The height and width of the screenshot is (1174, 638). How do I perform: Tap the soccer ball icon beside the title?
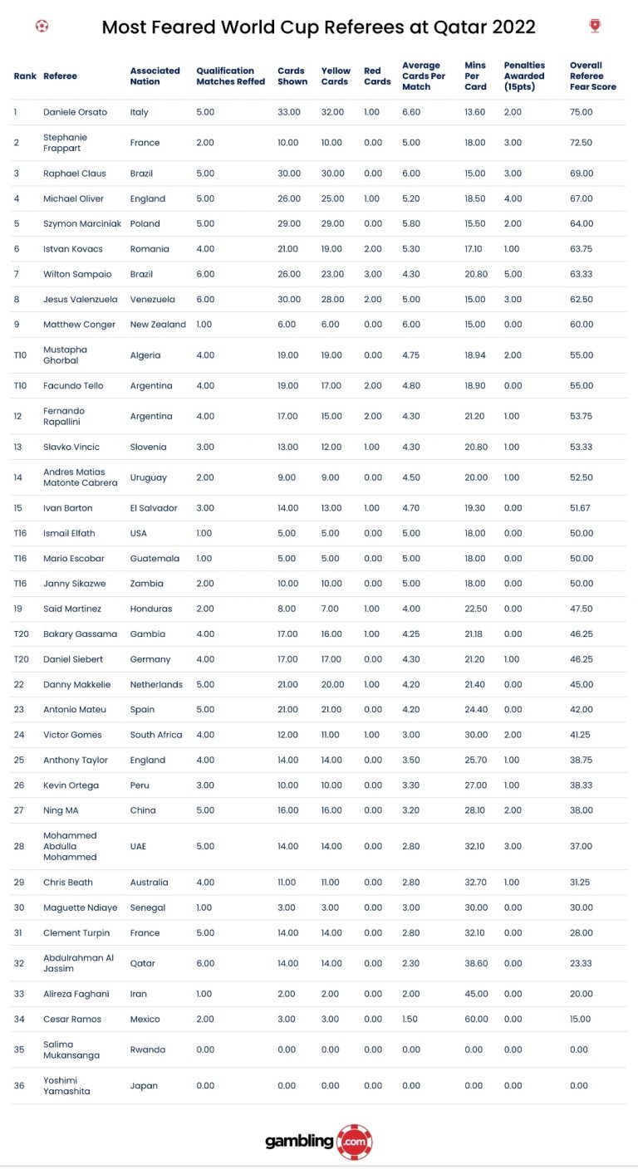[x=42, y=26]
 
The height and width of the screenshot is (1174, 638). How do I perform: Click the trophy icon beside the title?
[x=595, y=26]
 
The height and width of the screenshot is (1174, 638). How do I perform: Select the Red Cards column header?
[x=377, y=76]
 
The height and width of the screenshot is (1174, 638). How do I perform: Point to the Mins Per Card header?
[x=476, y=76]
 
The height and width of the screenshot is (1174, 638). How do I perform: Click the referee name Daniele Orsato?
[x=75, y=112]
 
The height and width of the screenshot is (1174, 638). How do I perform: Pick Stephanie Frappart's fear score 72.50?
[x=581, y=143]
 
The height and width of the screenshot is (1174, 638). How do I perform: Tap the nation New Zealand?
[x=158, y=325]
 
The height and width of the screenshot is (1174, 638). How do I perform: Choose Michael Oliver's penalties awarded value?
[x=513, y=199]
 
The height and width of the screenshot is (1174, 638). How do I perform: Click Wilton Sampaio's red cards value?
[x=373, y=274]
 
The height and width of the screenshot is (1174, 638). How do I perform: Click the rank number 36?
[x=19, y=1086]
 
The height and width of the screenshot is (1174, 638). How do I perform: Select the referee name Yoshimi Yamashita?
[x=66, y=1086]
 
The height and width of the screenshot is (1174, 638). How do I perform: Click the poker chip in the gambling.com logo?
[x=355, y=1142]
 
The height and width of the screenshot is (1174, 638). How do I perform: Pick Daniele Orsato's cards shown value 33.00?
[x=287, y=112]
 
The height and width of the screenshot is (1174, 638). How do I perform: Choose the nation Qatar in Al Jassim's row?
[x=143, y=964]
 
